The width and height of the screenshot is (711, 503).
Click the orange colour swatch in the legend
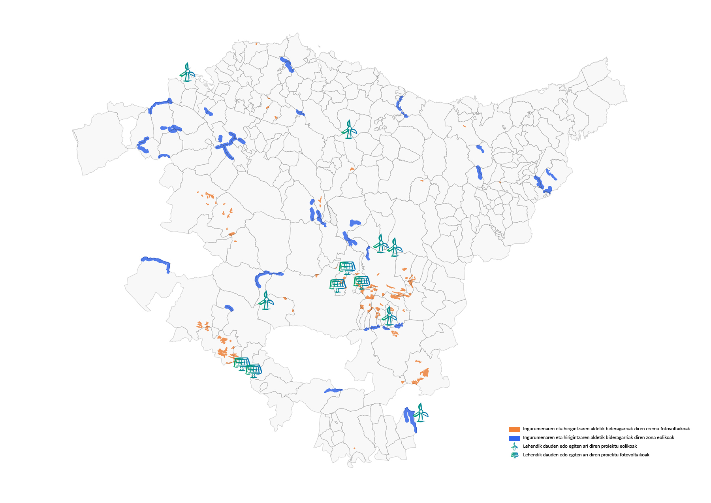click(x=514, y=429)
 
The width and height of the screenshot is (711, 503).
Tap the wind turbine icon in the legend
click(x=514, y=446)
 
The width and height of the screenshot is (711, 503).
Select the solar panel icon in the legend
click(x=514, y=455)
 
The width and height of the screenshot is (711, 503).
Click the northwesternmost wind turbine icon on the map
click(x=187, y=72)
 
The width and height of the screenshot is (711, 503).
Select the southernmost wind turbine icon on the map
click(x=421, y=413)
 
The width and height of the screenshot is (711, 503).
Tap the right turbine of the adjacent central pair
click(x=395, y=248)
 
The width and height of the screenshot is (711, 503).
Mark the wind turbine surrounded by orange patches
click(x=389, y=316)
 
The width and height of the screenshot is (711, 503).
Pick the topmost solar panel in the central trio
click(x=347, y=268)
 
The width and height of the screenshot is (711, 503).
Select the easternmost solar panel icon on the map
click(x=362, y=282)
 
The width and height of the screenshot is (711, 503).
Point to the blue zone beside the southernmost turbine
click(x=410, y=420)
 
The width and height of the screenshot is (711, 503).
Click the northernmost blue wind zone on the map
click(x=287, y=64)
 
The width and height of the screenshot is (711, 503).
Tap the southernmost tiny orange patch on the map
click(x=354, y=448)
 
